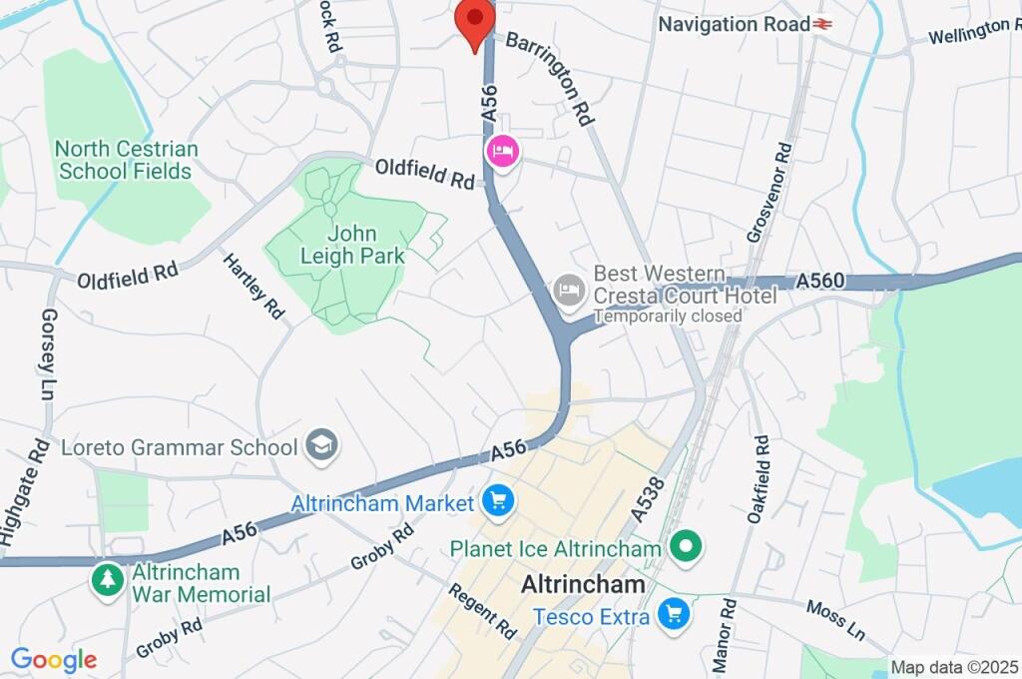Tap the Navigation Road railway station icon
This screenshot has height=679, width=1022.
click(823, 24)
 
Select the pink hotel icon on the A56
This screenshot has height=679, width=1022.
click(502, 152)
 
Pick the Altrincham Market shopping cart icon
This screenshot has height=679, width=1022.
click(497, 500)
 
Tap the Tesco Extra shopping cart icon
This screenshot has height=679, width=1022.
click(676, 615)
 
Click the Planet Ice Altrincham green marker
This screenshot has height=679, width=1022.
click(687, 547)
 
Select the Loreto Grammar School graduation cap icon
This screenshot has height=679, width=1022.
click(322, 445)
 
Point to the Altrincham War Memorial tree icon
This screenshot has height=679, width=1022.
click(107, 580)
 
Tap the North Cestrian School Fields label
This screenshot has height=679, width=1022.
click(126, 160)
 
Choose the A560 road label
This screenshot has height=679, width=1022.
click(820, 283)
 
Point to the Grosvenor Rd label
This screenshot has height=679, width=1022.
click(769, 193)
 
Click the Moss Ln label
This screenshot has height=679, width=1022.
click(834, 620)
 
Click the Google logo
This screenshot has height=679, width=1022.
click(53, 660)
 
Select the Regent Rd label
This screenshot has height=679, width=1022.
click(483, 611)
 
